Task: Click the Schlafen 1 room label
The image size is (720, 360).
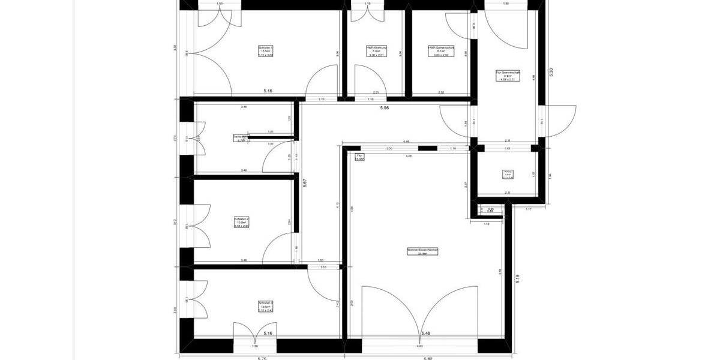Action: pyautogui.click(x=266, y=51)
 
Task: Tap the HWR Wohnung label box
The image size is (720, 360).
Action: pyautogui.click(x=376, y=51)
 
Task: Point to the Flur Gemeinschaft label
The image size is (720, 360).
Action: pyautogui.click(x=508, y=76)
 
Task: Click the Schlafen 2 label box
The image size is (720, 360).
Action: pyautogui.click(x=242, y=223)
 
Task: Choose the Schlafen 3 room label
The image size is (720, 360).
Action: pyautogui.click(x=266, y=307)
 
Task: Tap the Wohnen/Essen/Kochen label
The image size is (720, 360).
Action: pyautogui.click(x=422, y=251)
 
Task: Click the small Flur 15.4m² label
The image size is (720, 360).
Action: pyautogui.click(x=360, y=157)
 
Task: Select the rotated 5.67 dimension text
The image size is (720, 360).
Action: pyautogui.click(x=305, y=182)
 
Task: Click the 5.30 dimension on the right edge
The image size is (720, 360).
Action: pyautogui.click(x=551, y=71)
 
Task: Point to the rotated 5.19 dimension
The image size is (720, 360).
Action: pyautogui.click(x=517, y=279)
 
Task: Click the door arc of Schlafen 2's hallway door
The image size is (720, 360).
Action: pyautogui.click(x=278, y=247)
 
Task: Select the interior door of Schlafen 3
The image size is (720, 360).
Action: pyautogui.click(x=324, y=282)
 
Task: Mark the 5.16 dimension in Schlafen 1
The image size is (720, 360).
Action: pyautogui.click(x=268, y=91)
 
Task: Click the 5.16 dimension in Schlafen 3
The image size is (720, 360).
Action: pyautogui.click(x=268, y=332)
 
